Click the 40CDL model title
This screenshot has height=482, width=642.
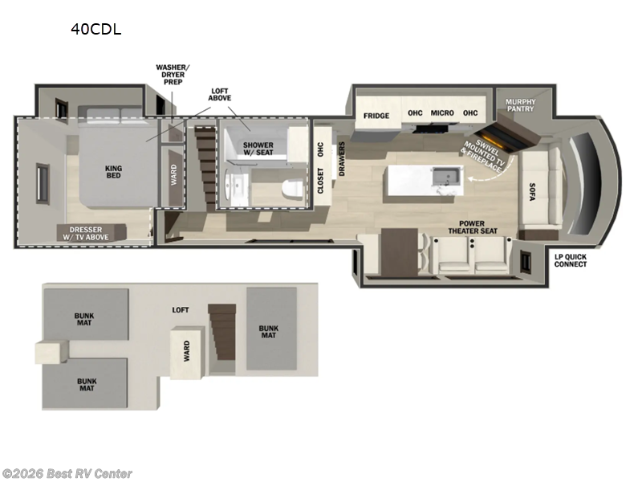click(96, 31)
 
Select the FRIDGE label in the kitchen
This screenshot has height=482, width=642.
click(376, 115)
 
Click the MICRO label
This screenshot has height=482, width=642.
click(442, 113)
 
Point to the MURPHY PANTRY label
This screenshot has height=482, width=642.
click(520, 105)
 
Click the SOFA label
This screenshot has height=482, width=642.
click(532, 190)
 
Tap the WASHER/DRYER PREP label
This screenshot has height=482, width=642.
click(174, 73)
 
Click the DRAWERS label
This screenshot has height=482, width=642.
click(342, 159)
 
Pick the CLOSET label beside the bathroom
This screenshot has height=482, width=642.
click(321, 182)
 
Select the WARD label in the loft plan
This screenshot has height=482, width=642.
click(186, 351)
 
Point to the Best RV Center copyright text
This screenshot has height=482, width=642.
click(67, 474)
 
